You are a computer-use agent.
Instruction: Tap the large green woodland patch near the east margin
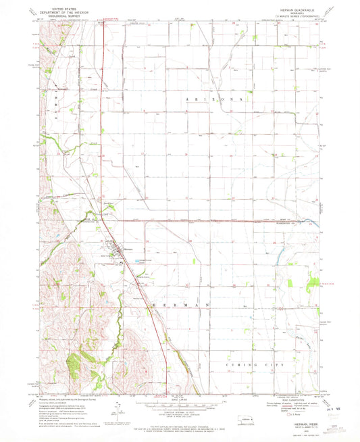tap(313, 287)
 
